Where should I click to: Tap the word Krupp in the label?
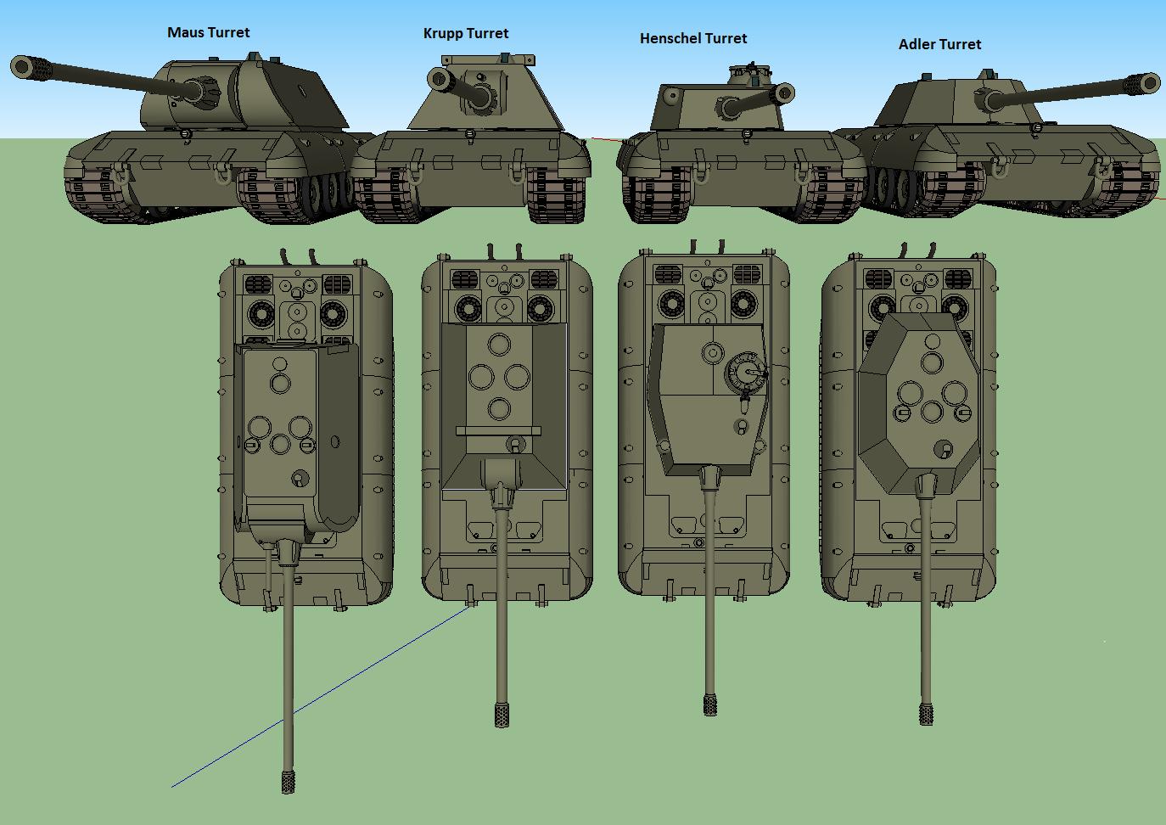(x=442, y=34)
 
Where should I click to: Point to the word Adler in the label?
(x=916, y=44)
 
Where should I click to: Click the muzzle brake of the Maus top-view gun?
(x=288, y=781)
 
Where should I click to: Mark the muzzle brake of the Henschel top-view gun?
(x=710, y=704)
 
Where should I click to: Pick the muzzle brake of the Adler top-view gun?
(x=926, y=714)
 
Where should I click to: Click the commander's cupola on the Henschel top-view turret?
(x=745, y=372)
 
